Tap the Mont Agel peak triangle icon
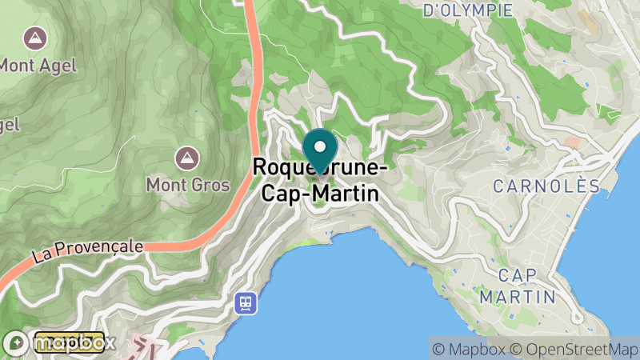34,37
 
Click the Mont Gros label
187,185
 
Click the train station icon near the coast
246,302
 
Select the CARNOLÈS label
546,186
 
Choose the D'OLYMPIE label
468,10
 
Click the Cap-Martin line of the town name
317,192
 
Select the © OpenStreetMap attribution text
571,348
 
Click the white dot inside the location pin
320,146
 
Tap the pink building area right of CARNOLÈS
573,142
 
